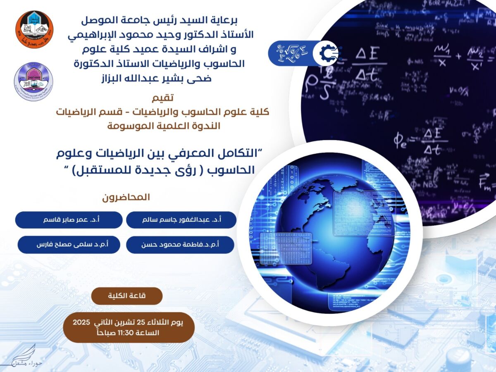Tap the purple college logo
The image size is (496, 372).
[x=33, y=81]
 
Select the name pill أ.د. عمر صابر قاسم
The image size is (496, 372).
[x=69, y=220]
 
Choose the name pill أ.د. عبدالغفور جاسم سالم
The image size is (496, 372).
[x=181, y=220]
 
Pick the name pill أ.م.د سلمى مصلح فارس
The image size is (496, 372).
[x=69, y=245]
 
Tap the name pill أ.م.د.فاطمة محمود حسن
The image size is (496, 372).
[x=180, y=245]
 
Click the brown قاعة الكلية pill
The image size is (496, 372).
[x=127, y=296]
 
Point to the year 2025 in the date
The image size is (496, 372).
[x=81, y=322]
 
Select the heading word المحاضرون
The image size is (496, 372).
[x=126, y=197]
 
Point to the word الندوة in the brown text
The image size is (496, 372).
[x=205, y=126]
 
